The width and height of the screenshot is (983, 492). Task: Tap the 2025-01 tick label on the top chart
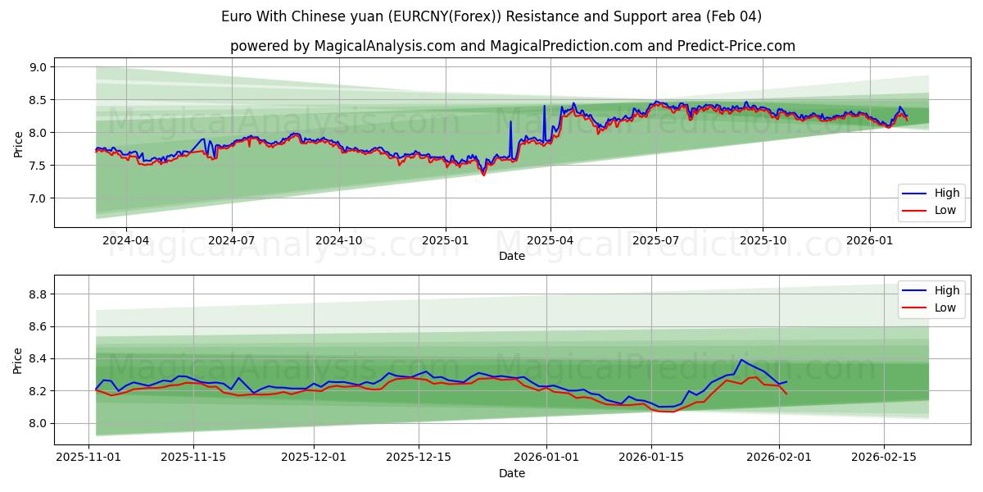[446, 241]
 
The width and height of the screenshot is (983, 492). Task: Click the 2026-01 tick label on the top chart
[869, 241]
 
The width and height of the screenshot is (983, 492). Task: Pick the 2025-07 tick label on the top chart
[656, 241]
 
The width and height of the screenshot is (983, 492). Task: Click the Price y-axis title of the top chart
[18, 144]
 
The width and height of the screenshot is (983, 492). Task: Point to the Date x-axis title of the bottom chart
[512, 473]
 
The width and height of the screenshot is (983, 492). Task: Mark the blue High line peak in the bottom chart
[741, 359]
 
